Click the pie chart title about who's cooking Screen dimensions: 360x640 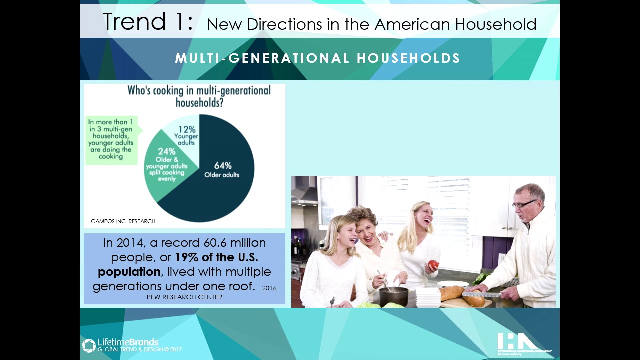(x=199, y=96)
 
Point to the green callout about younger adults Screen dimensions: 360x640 (x=111, y=140)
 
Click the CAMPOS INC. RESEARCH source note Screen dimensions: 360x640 (x=123, y=221)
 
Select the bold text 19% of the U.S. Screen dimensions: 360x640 (x=216, y=258)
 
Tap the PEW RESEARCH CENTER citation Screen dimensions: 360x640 (x=184, y=297)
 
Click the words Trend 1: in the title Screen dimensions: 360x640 (x=147, y=22)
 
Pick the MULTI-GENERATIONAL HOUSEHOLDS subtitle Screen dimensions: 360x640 (x=317, y=58)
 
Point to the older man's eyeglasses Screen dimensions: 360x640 (x=524, y=204)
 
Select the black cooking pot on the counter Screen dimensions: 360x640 (x=393, y=296)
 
